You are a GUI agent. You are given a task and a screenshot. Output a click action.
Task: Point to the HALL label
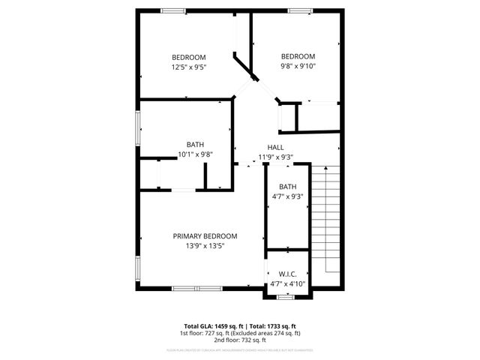coord(275,147)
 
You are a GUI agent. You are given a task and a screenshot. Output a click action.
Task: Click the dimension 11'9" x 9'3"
coord(275,157)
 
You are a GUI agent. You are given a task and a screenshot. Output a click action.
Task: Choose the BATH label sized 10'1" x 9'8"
coord(195,145)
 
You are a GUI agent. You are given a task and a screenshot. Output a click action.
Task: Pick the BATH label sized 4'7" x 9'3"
coord(288,187)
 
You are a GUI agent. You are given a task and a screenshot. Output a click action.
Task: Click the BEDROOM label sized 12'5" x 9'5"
coord(188,57)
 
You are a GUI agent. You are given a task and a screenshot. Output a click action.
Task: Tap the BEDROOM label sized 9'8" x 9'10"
coord(298,56)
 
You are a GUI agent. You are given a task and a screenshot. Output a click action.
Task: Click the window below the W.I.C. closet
coord(284,298)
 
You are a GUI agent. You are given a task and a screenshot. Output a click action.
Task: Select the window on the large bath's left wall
coord(137,125)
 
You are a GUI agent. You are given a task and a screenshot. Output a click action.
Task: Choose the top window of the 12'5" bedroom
coord(174,10)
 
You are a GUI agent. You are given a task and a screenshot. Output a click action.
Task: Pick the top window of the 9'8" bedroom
coord(301,10)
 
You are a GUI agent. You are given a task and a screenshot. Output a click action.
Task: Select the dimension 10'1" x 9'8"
coord(195,154)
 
